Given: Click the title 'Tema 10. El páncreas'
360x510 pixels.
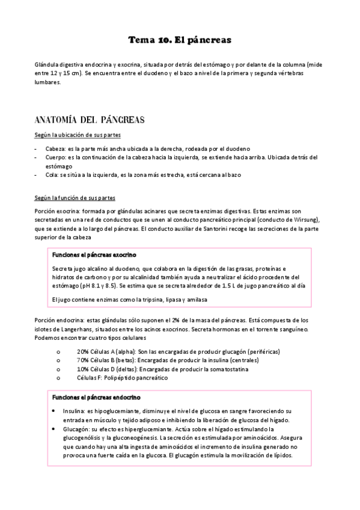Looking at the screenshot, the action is click(180, 40).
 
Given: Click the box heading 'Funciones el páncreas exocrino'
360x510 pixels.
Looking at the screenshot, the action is click(94, 237).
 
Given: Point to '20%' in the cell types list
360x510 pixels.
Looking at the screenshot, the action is click(83, 351).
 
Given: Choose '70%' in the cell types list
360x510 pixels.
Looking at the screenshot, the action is click(83, 360).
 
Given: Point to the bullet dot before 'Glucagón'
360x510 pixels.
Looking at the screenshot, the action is click(55, 429).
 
